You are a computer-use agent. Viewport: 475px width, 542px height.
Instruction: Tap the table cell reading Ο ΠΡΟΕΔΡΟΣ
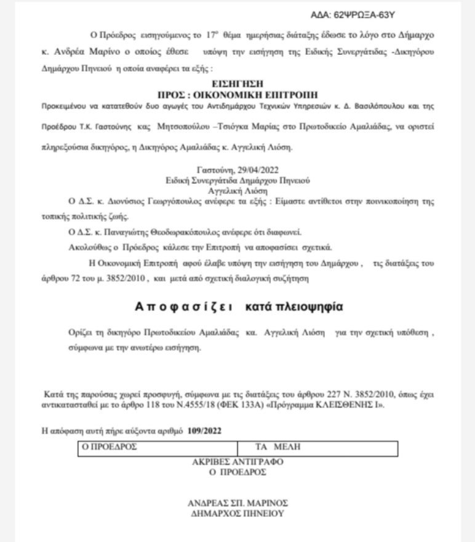click(111, 448)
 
